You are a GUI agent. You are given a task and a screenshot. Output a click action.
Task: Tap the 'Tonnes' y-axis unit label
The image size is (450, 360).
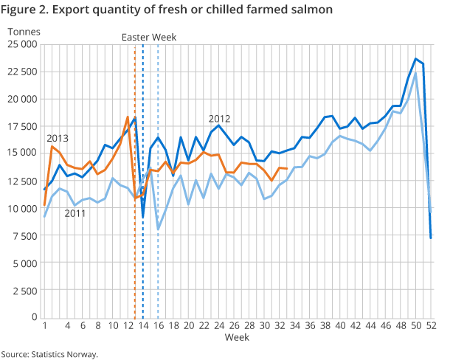[x=23, y=31]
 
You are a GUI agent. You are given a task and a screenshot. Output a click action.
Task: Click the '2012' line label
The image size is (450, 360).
[x=220, y=118]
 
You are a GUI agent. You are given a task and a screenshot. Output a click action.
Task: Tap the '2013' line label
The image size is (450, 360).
[x=58, y=139]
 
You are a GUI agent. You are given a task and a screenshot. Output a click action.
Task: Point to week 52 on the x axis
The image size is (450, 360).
[x=431, y=326]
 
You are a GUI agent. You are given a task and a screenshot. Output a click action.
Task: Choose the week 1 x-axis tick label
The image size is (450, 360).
[x=45, y=326]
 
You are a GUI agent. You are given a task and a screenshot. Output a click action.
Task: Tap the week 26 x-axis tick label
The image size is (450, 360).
[x=234, y=326]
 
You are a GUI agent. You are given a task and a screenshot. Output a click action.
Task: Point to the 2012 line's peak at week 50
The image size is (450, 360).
[x=416, y=59]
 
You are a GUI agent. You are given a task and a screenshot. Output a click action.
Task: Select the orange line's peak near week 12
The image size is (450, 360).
[x=128, y=117]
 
